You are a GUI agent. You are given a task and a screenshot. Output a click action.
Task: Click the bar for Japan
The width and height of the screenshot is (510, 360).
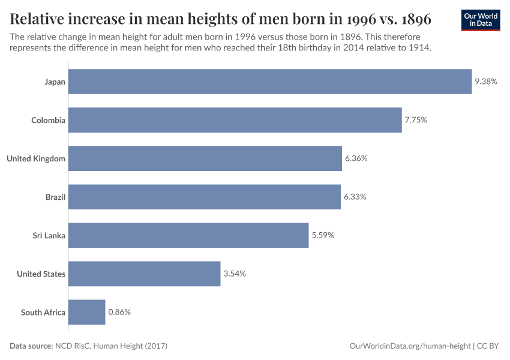[270, 82]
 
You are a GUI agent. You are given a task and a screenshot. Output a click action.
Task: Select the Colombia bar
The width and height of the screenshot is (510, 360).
[235, 120]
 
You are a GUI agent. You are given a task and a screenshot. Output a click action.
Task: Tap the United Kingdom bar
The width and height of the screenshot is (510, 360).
[205, 158]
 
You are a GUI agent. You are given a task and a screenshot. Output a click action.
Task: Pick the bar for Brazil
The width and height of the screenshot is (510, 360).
[204, 197]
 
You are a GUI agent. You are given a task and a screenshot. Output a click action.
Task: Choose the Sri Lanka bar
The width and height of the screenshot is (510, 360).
[188, 235]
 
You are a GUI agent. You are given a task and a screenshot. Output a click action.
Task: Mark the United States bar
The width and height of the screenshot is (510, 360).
[144, 274]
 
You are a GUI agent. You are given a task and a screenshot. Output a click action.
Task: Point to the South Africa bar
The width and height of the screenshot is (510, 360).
[86, 312]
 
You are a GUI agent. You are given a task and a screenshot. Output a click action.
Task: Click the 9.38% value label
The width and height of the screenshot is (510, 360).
[486, 82]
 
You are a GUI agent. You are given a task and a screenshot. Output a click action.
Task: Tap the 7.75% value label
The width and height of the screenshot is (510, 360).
[416, 120]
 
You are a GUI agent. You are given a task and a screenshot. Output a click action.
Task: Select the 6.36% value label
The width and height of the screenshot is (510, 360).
[356, 158]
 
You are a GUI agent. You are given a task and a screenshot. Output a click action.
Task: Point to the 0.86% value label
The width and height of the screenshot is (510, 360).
[119, 312]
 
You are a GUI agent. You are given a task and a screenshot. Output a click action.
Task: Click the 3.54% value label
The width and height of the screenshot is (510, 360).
[235, 274]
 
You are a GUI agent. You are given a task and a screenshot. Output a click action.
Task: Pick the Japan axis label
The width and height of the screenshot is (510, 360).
[55, 82]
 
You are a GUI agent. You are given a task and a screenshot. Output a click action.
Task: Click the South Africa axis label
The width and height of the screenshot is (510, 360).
[43, 312]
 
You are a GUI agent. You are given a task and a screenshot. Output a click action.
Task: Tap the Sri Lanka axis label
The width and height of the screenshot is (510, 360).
[49, 235]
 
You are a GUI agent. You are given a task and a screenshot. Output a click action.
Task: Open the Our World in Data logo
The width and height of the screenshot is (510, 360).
[480, 20]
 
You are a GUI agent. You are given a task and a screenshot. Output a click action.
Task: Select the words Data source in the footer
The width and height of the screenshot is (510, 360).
[31, 346]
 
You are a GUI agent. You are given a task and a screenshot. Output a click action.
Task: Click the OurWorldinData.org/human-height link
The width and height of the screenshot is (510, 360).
[410, 346]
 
